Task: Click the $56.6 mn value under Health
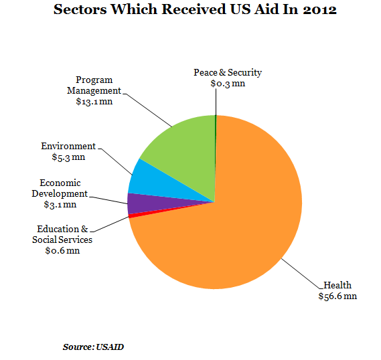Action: tap(337, 296)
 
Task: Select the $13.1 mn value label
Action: tap(94, 101)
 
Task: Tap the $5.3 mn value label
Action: tap(68, 157)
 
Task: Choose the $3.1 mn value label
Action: tap(60, 204)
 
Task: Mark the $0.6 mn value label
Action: tap(62, 250)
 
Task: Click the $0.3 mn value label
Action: tap(228, 83)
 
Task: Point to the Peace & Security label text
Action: tap(228, 72)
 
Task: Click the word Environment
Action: tap(68, 146)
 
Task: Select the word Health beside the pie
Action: tap(337, 285)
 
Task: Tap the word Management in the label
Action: tap(94, 90)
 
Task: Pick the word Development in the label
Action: tap(60, 193)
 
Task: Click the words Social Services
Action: tap(62, 240)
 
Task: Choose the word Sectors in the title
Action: tap(80, 10)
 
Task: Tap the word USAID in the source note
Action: tap(110, 347)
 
